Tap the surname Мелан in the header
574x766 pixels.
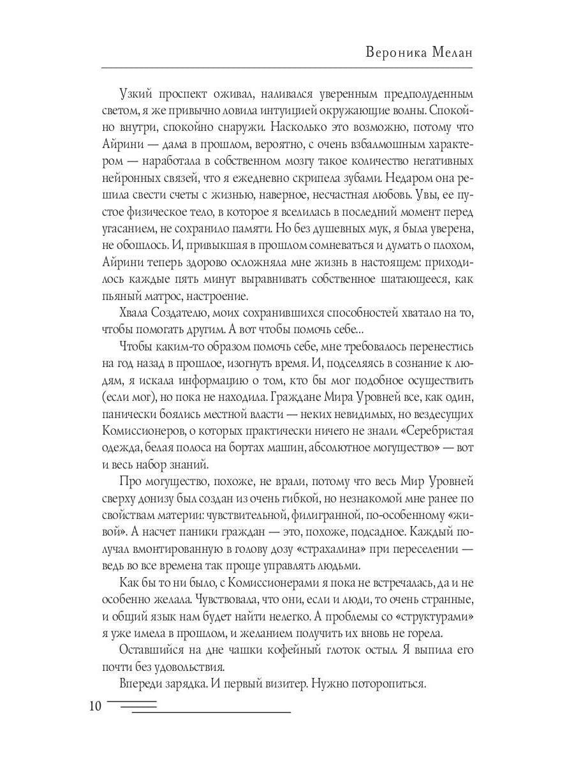pos(452,53)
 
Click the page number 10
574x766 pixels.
pos(94,706)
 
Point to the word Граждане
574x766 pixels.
pos(302,396)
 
